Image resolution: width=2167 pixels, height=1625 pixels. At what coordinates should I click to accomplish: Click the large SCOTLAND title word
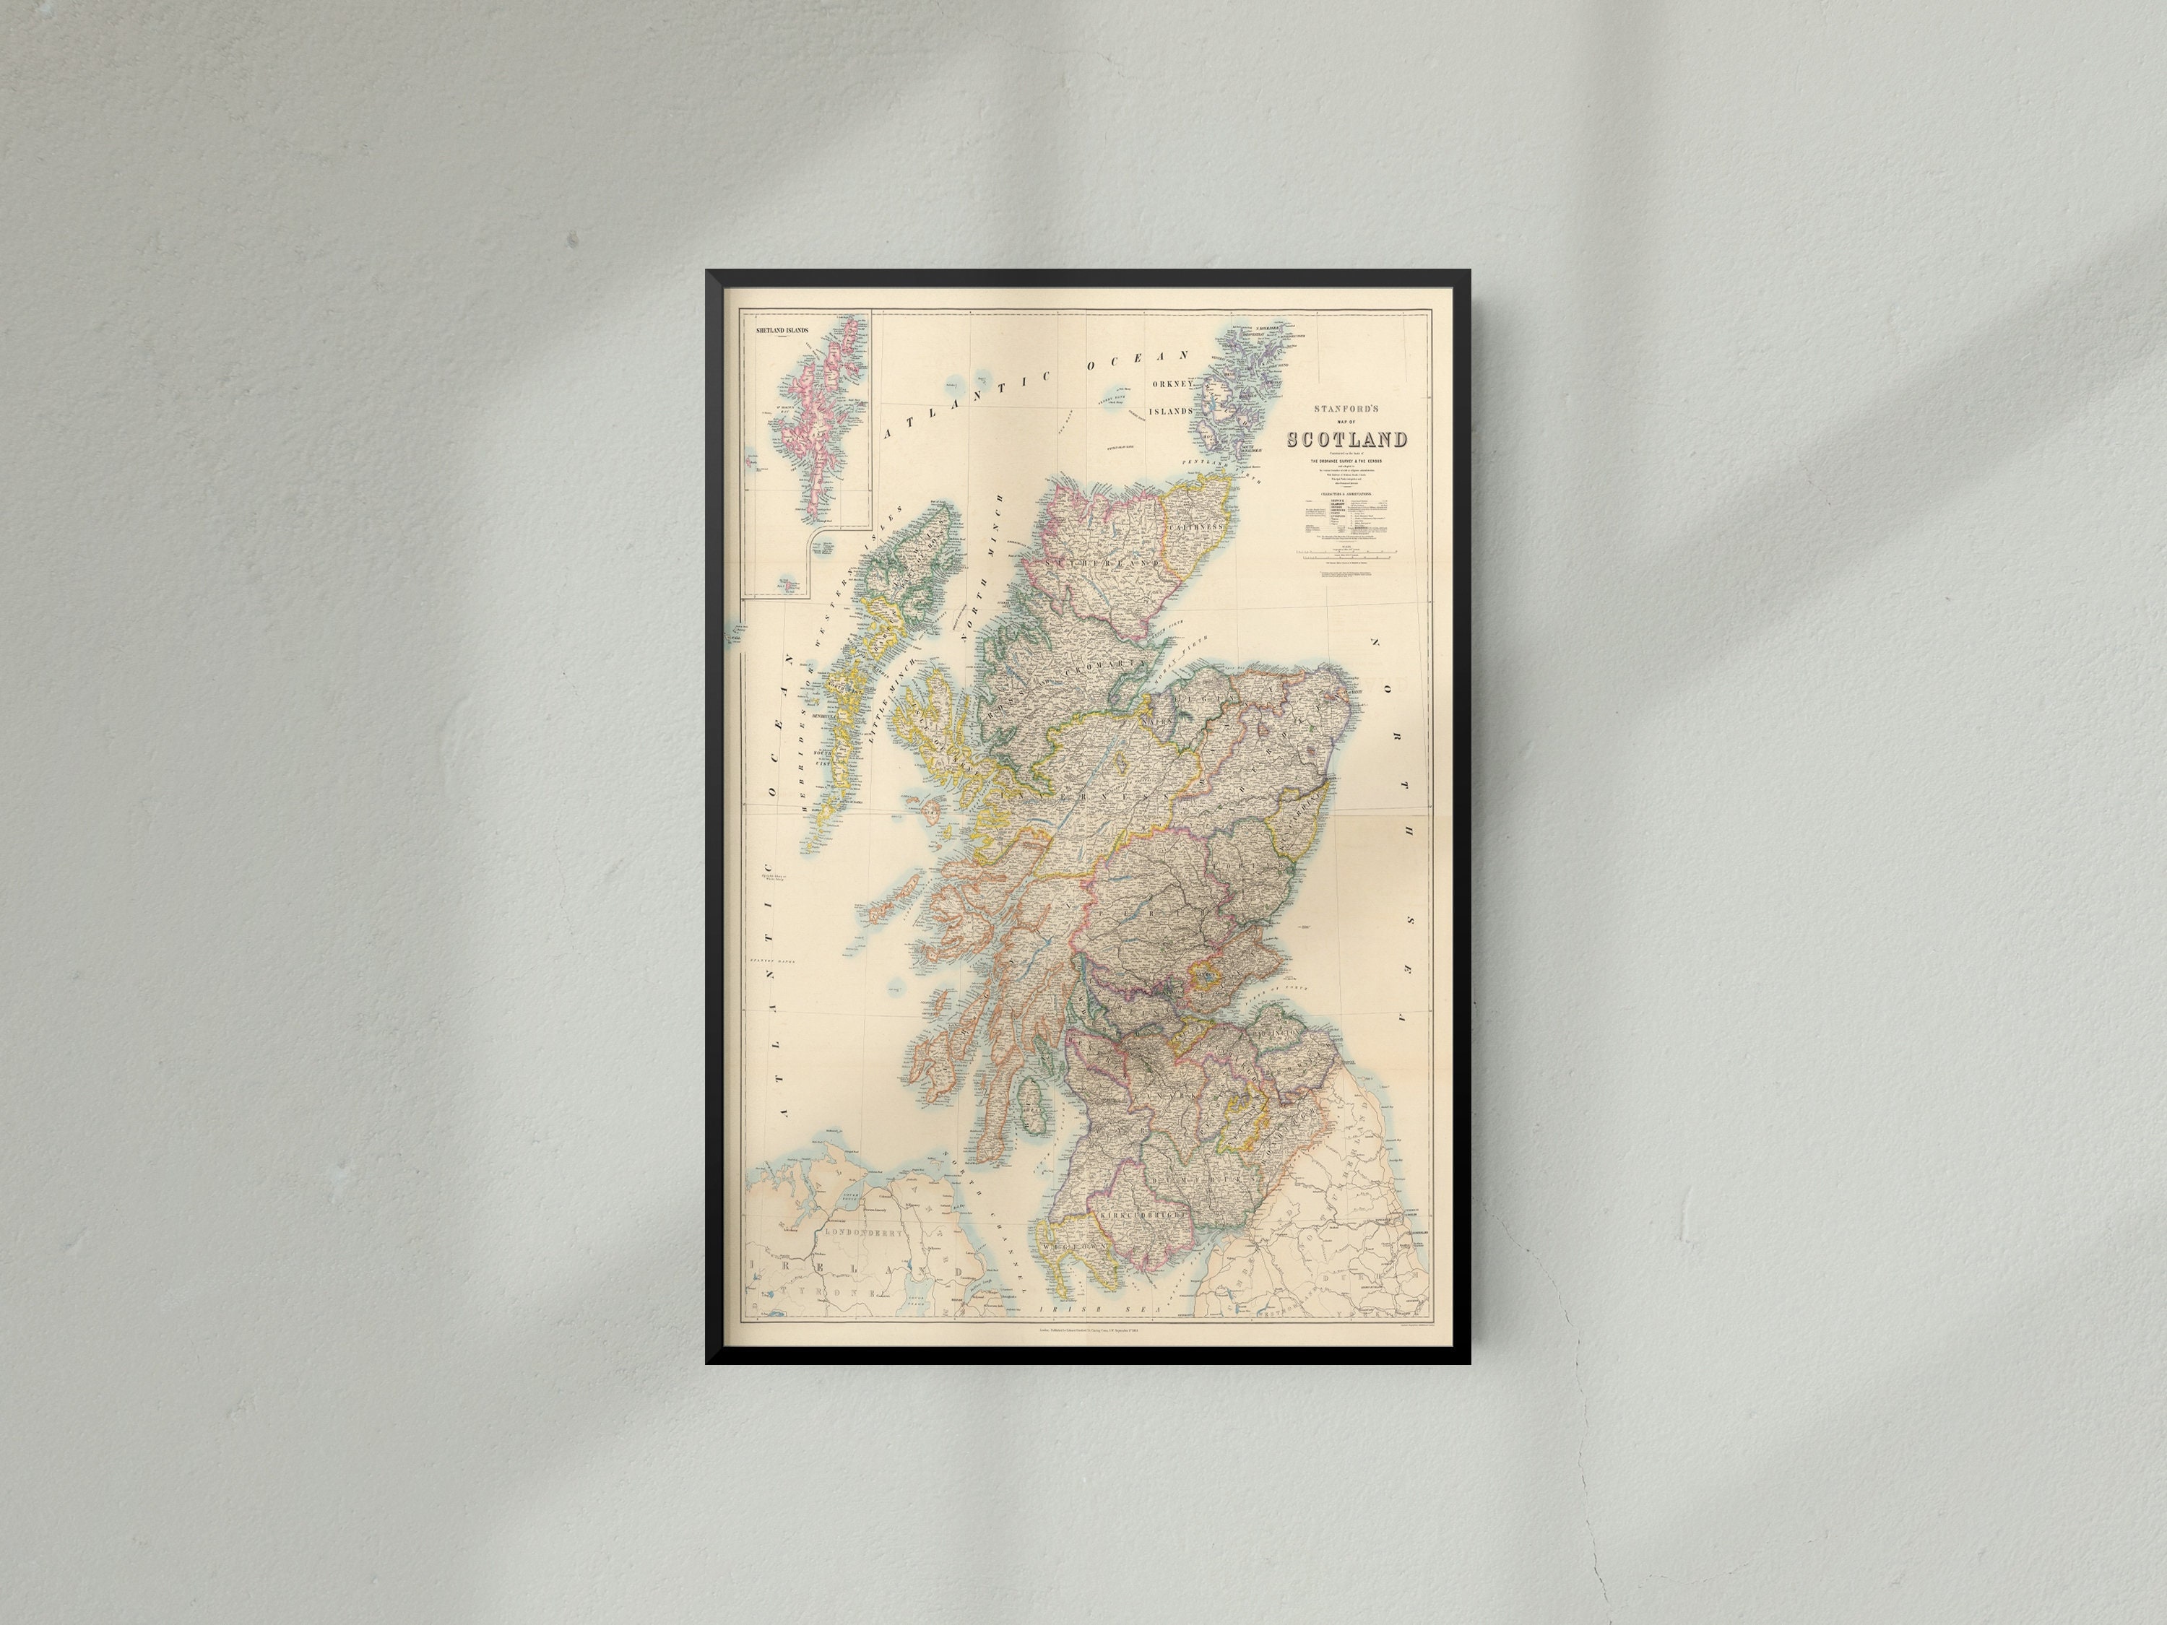[1347, 440]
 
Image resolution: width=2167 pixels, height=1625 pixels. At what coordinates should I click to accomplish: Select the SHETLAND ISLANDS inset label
[782, 331]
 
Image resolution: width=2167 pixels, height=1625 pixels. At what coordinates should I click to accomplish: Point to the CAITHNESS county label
[1197, 526]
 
